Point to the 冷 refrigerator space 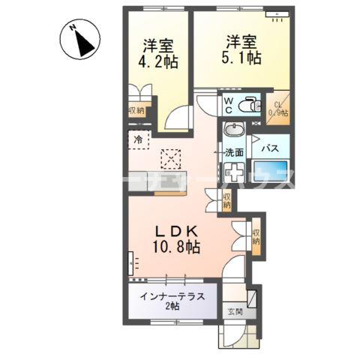click(x=138, y=139)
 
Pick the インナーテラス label click(x=172, y=295)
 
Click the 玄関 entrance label click(x=235, y=311)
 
